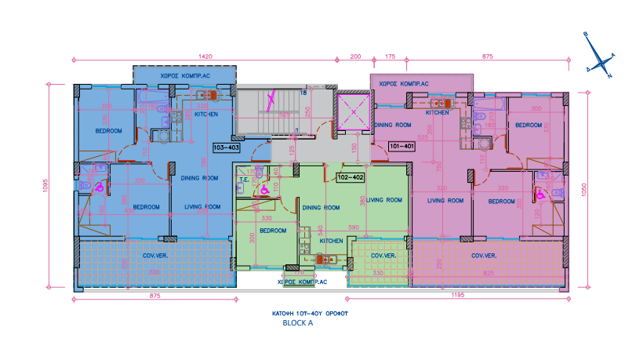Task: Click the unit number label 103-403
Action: click(x=226, y=147)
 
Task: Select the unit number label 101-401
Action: click(x=401, y=146)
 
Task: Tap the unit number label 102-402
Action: click(x=351, y=177)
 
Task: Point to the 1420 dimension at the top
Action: click(x=206, y=56)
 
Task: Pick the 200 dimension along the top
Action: click(x=355, y=56)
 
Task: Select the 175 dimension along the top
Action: click(x=390, y=56)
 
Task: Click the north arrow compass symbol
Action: click(x=598, y=56)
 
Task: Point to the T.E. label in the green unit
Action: click(x=243, y=179)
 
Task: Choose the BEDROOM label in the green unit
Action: click(x=272, y=231)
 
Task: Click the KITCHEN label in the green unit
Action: click(x=330, y=241)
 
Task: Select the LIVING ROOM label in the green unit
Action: click(x=383, y=200)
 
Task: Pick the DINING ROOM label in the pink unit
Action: click(x=392, y=125)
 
